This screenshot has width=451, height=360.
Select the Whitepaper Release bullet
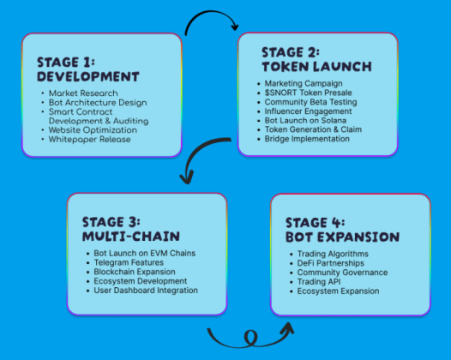coord(90,140)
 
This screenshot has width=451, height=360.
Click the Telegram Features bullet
coord(131,263)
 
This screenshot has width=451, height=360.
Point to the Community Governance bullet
coord(342,273)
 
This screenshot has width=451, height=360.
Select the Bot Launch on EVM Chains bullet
coord(144,254)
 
